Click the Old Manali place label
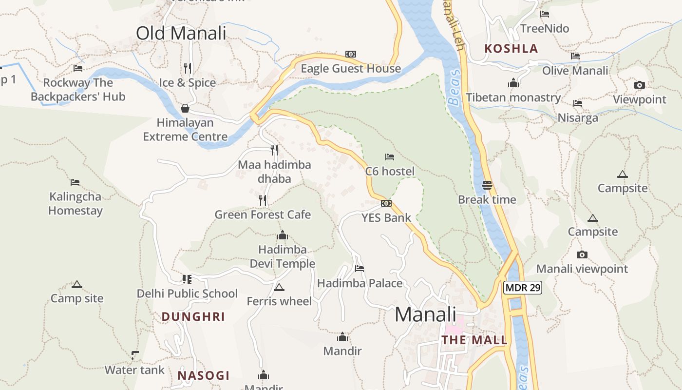[x=181, y=33]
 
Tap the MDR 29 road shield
[x=523, y=288]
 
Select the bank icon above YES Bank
[x=386, y=203]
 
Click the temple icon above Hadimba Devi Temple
[x=282, y=236]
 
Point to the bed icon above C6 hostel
[x=390, y=157]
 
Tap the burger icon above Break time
[x=487, y=185]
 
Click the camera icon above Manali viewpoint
[x=582, y=254]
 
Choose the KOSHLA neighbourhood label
[x=511, y=49]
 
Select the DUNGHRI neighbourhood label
[x=193, y=317]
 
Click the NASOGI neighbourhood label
[x=204, y=375]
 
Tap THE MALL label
[x=474, y=340]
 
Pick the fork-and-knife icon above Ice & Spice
[x=188, y=68]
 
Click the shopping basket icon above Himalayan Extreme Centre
[x=185, y=108]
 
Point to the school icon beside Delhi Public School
[x=187, y=279]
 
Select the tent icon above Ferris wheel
[x=279, y=288]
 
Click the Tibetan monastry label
[x=513, y=97]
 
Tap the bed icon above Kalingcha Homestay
[x=75, y=182]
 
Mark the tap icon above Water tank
[x=135, y=355]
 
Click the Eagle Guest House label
[x=351, y=69]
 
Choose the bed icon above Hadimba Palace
[x=360, y=269]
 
